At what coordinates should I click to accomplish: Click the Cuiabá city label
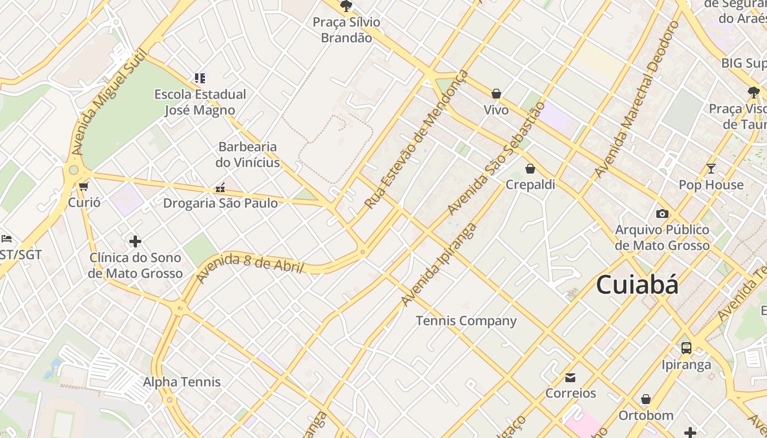coord(637,285)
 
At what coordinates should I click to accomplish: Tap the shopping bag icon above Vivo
coord(496,94)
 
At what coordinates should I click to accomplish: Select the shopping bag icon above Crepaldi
coord(530,169)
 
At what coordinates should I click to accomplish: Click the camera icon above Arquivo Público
coord(662,214)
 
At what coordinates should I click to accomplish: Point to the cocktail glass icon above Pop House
coord(711,169)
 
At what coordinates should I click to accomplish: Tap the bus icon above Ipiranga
coord(686,348)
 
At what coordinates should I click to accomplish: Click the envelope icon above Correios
coord(570,377)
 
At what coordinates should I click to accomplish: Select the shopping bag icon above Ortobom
coord(646,399)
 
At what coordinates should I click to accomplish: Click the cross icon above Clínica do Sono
coord(135,241)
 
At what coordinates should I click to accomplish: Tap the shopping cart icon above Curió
coord(84,186)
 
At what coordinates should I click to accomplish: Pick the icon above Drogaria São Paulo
coord(220,188)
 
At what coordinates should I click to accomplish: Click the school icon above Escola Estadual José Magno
coord(200,78)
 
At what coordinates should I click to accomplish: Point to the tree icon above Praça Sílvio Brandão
coord(346,7)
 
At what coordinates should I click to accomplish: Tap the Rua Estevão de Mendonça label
coord(416,140)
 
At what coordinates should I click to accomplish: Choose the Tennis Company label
coord(466,321)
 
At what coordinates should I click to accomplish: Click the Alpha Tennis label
coord(182,382)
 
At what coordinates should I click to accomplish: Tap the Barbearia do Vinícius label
coord(248,154)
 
